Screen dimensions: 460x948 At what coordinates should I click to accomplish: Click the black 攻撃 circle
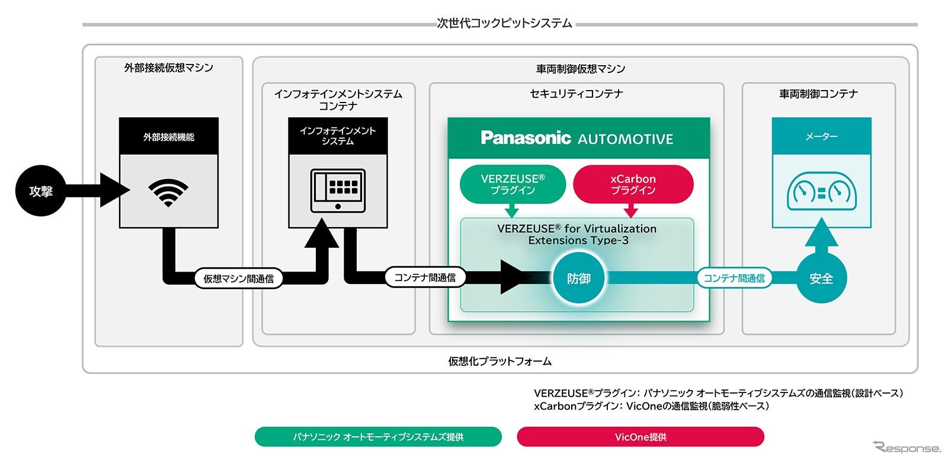coord(40,191)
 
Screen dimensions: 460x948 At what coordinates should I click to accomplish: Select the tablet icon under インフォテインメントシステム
coord(338,190)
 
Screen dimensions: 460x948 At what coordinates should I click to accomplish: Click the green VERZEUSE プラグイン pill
coord(513,184)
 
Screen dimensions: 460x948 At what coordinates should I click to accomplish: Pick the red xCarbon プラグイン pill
coord(633,184)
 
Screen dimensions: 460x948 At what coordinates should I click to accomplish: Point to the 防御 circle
coord(578,279)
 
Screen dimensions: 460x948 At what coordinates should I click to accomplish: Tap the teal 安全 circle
coord(821,279)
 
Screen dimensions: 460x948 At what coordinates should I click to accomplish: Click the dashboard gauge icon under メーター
coord(821,191)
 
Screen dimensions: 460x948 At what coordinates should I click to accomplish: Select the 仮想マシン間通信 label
coord(238,279)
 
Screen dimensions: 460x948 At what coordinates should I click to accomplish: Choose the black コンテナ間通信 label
coord(425,277)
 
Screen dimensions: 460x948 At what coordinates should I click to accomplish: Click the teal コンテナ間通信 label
coord(734,278)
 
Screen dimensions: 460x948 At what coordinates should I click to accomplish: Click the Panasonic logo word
coord(526,138)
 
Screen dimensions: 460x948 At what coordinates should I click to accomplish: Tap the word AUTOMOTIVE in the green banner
coord(625,139)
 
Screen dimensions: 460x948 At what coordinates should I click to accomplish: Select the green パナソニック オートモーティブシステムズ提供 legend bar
coord(378,437)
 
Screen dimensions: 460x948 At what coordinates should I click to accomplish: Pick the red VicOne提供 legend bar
coord(640,437)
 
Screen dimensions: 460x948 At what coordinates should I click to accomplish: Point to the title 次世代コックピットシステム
coord(504,24)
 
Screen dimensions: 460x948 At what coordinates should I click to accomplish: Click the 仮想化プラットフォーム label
coord(499,361)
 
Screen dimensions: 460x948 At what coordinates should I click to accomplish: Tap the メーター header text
coord(821,136)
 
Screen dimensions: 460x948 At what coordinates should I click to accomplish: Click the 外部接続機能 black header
coord(169,137)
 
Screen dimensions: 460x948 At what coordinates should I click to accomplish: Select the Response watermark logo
coord(907,448)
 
